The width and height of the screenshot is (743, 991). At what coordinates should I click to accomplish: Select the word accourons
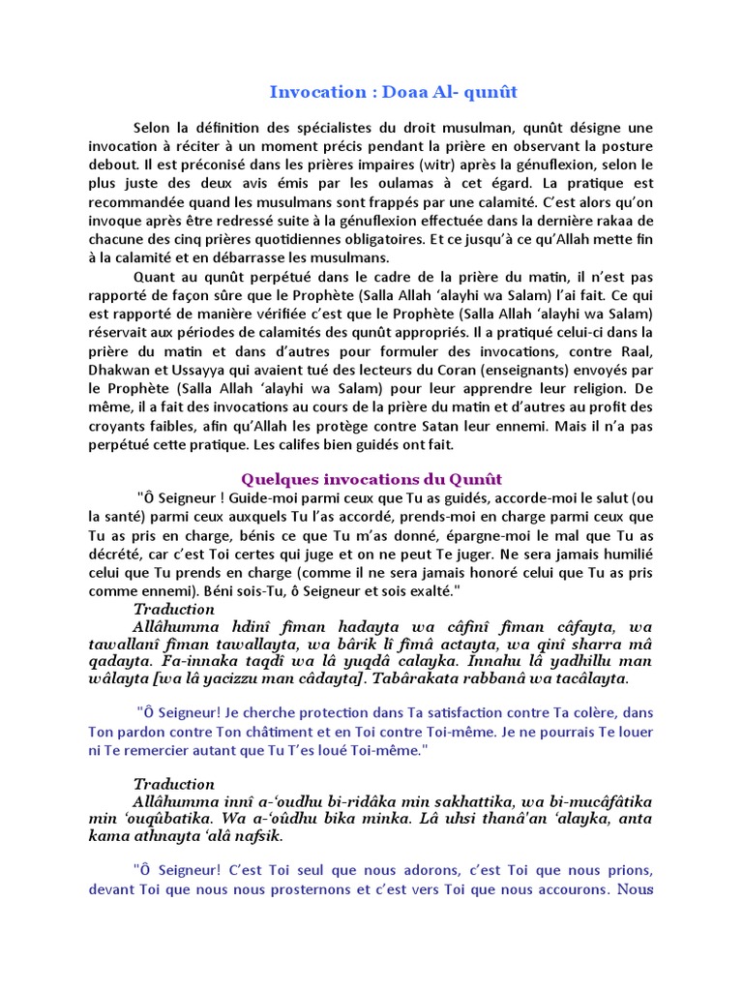click(571, 888)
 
